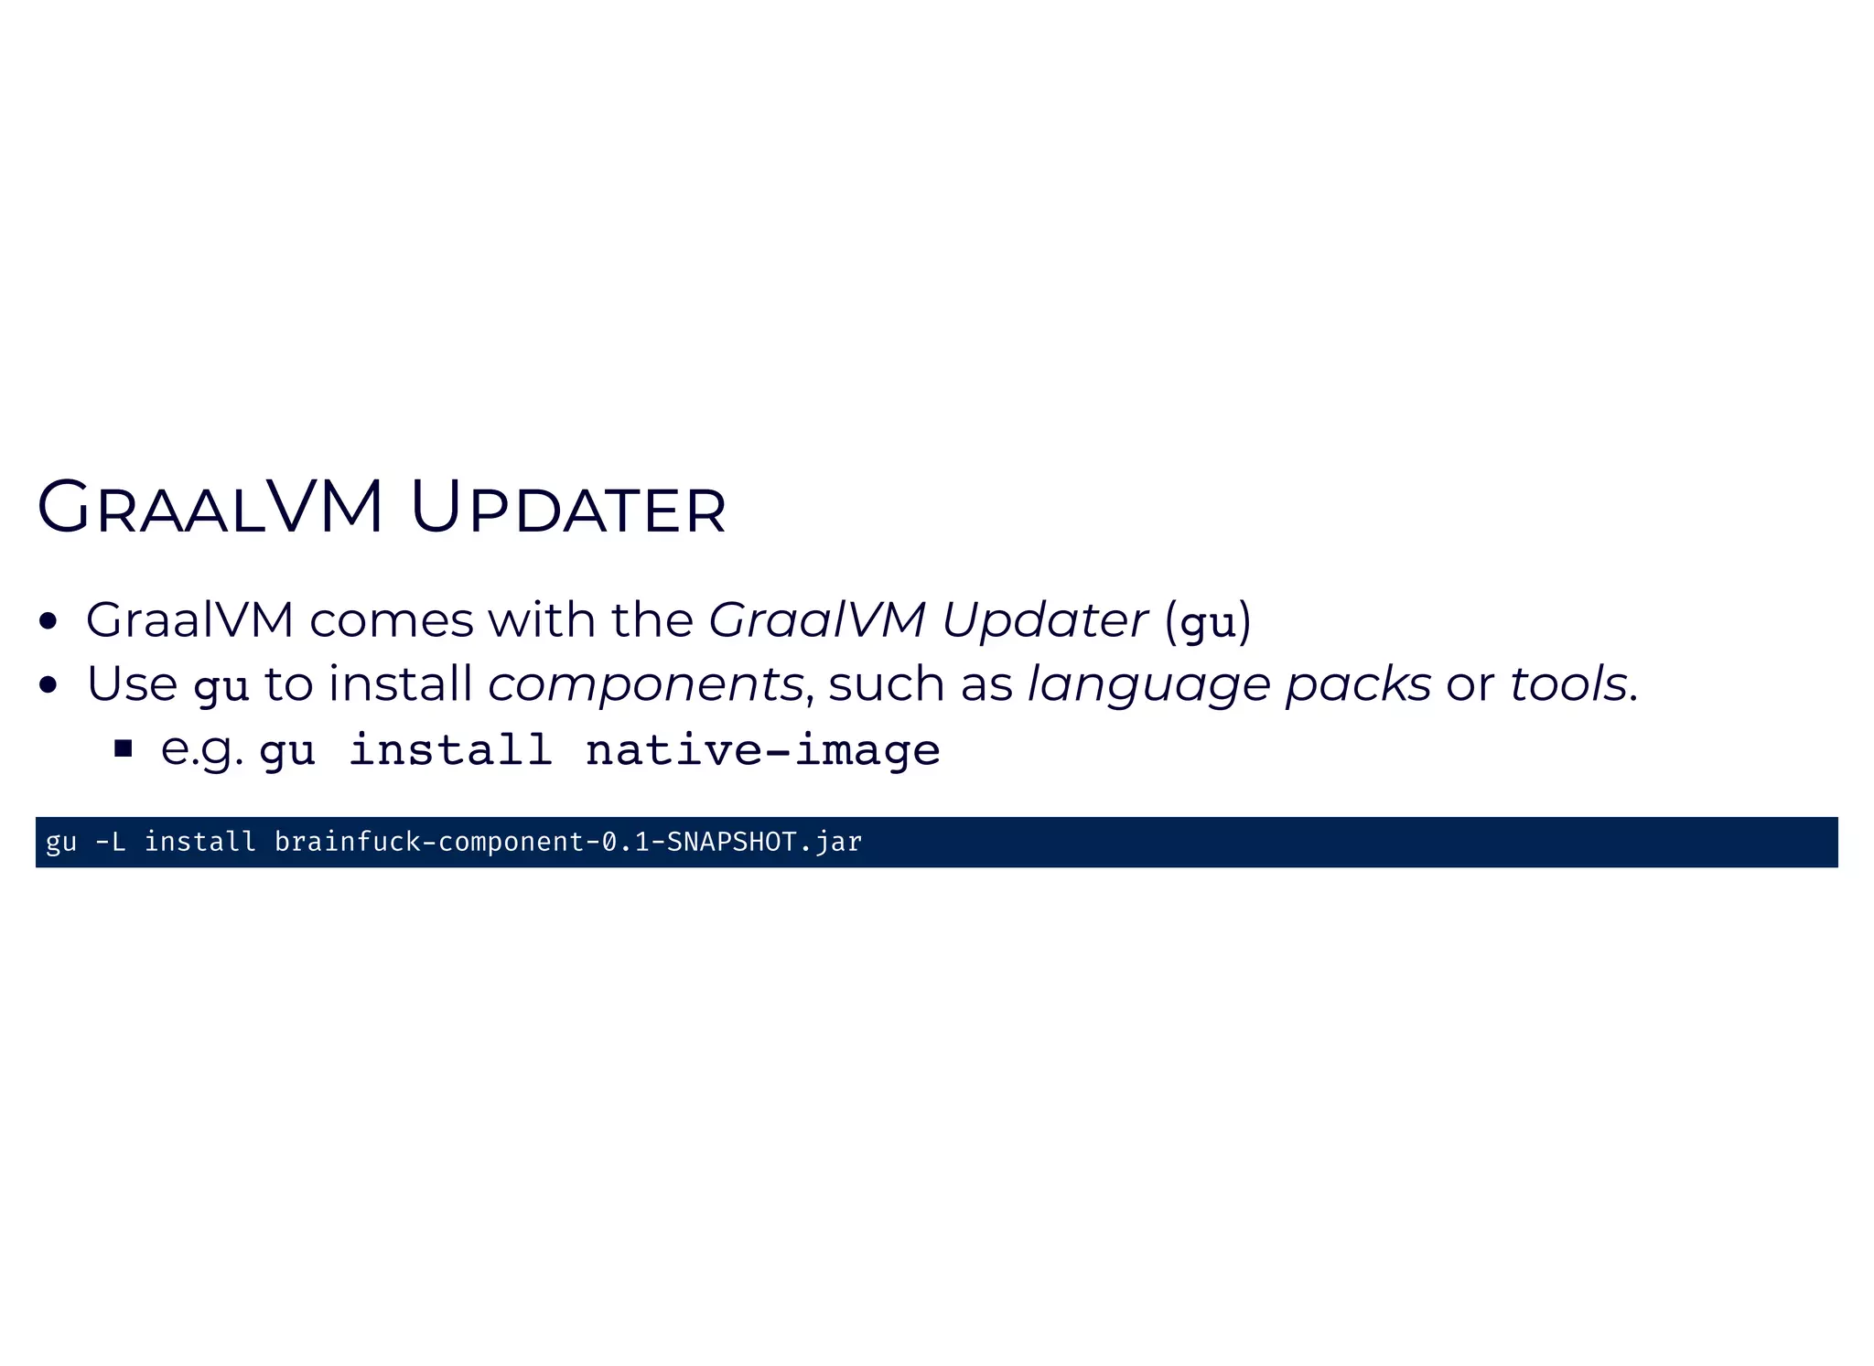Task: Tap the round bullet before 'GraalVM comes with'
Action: [49, 622]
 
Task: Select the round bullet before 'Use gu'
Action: [49, 685]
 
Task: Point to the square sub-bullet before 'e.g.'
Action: [124, 750]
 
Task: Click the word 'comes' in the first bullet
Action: [392, 620]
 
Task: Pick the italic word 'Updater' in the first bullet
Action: [1044, 620]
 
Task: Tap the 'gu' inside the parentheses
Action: [1208, 624]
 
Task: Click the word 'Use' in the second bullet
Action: [132, 684]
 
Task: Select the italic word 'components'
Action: [645, 684]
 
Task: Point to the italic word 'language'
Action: [1148, 684]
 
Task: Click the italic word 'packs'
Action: [1358, 684]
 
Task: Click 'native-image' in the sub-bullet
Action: [762, 750]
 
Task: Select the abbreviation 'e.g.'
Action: [202, 750]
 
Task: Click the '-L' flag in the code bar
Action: [110, 842]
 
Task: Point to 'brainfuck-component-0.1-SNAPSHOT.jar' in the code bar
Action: [567, 842]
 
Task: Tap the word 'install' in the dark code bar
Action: [200, 842]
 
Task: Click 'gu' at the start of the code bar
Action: [61, 842]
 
